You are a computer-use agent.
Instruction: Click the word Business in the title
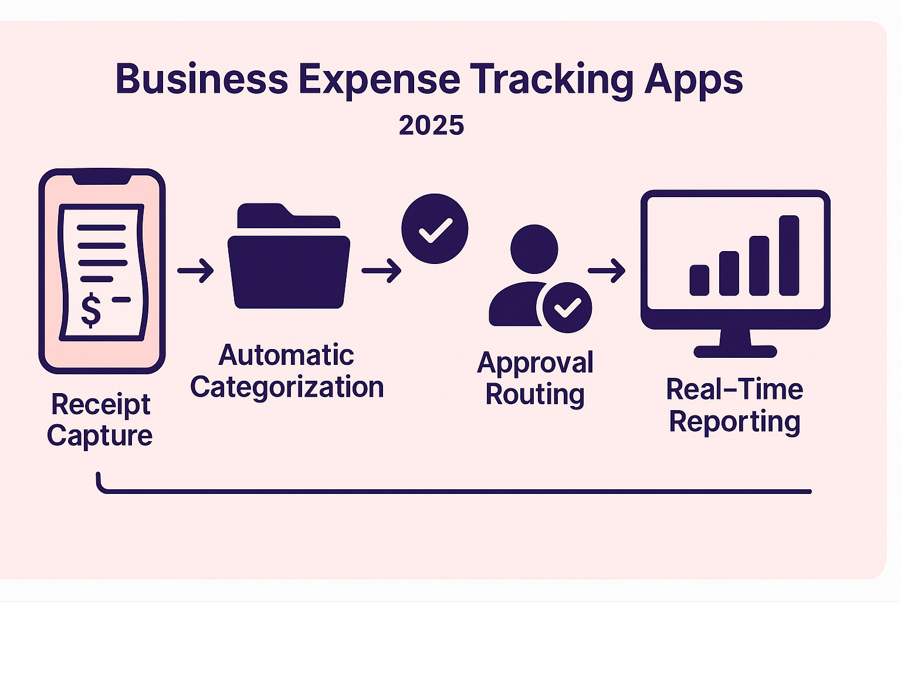click(x=202, y=79)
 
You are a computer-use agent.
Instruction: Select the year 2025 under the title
click(x=431, y=126)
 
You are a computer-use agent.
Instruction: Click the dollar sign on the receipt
click(x=91, y=310)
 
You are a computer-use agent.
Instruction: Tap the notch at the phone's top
click(x=101, y=178)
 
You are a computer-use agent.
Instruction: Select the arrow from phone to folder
click(x=196, y=270)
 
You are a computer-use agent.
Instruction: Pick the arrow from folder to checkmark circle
click(x=381, y=270)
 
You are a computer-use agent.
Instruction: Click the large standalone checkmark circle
click(x=435, y=228)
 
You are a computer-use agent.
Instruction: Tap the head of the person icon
click(x=534, y=248)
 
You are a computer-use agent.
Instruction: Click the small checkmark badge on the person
click(x=567, y=307)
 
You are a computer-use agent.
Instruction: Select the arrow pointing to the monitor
click(x=607, y=270)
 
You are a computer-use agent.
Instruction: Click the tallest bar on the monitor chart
click(x=789, y=255)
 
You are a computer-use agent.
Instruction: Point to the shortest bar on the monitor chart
click(x=699, y=280)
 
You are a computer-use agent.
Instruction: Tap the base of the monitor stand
click(x=735, y=351)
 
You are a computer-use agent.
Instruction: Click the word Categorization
click(x=287, y=388)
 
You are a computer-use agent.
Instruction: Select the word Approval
click(x=535, y=363)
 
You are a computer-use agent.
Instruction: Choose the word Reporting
click(x=734, y=422)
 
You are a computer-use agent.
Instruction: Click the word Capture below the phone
click(x=100, y=436)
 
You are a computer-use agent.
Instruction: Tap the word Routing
click(x=535, y=395)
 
